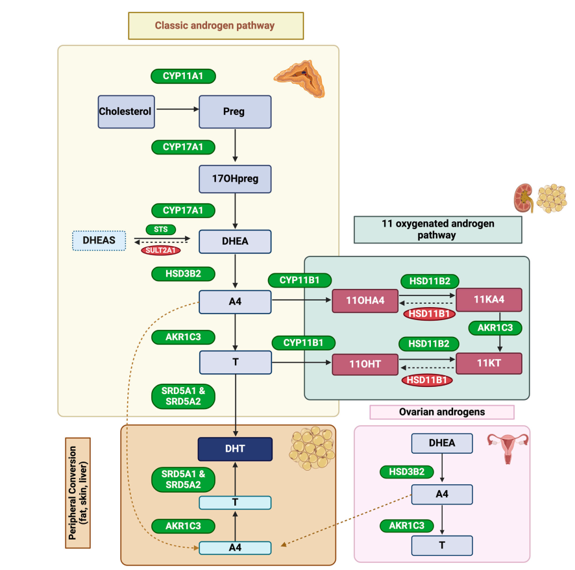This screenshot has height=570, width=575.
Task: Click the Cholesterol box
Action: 125,111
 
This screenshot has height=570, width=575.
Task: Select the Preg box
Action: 234,111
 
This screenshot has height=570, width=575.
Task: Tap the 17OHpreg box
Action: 234,179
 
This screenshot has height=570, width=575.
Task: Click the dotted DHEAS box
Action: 99,241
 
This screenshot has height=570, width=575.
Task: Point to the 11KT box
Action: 489,362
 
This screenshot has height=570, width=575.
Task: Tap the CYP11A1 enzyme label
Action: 183,77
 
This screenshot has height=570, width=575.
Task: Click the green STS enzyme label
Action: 161,229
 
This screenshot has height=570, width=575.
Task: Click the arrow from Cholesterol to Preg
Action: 177,110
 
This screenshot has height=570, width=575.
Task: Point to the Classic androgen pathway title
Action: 215,26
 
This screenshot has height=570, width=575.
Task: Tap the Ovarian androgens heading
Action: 441,412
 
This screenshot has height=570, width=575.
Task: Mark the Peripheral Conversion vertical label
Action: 78,493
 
